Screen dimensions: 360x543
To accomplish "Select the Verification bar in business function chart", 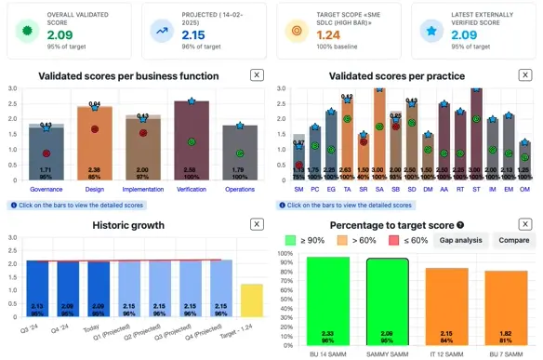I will [191, 140].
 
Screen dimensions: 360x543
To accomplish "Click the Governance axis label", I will [45, 189].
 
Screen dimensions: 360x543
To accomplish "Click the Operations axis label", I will [239, 189].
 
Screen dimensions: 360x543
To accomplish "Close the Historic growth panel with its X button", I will [257, 223].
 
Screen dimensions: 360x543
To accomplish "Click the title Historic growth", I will [128, 224].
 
